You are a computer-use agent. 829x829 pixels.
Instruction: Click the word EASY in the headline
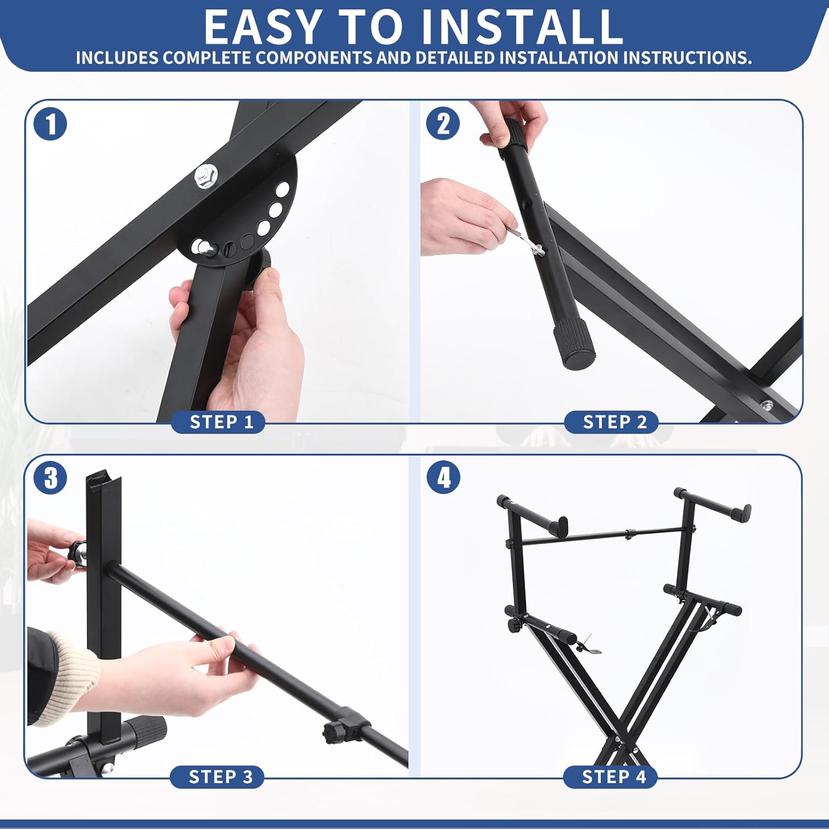pyautogui.click(x=263, y=28)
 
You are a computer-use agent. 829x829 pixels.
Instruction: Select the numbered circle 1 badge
pyautogui.click(x=50, y=124)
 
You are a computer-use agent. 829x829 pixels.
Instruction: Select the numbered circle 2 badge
pyautogui.click(x=443, y=124)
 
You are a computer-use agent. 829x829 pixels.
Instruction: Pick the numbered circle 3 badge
pyautogui.click(x=50, y=478)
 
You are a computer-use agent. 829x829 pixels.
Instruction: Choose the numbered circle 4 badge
pyautogui.click(x=443, y=478)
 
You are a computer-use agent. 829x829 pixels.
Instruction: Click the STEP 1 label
pyautogui.click(x=221, y=422)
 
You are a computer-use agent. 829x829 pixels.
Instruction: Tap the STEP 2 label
pyautogui.click(x=614, y=422)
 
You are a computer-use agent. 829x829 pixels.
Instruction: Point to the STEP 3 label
pyautogui.click(x=220, y=776)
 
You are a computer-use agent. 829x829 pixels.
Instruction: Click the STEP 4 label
pyautogui.click(x=613, y=776)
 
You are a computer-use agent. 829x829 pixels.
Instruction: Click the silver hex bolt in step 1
pyautogui.click(x=206, y=176)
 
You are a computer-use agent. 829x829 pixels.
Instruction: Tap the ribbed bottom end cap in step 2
pyautogui.click(x=575, y=346)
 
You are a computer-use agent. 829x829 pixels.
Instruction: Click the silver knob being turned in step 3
pyautogui.click(x=78, y=554)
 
